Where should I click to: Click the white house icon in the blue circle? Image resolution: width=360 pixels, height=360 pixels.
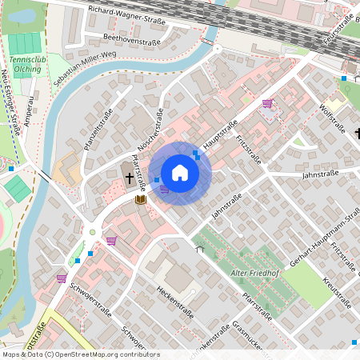click(x=180, y=173)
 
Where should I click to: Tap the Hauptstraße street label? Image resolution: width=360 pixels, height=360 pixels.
click(x=222, y=133)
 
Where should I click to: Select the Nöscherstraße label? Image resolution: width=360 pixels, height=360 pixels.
click(x=152, y=128)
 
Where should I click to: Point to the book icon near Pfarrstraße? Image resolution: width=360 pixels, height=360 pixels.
click(x=141, y=198)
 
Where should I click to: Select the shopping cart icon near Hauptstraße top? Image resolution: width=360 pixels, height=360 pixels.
click(x=267, y=103)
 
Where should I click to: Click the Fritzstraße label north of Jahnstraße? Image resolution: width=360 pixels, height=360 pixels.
click(x=250, y=148)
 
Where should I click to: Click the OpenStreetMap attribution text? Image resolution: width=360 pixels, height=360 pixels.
click(x=80, y=354)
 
